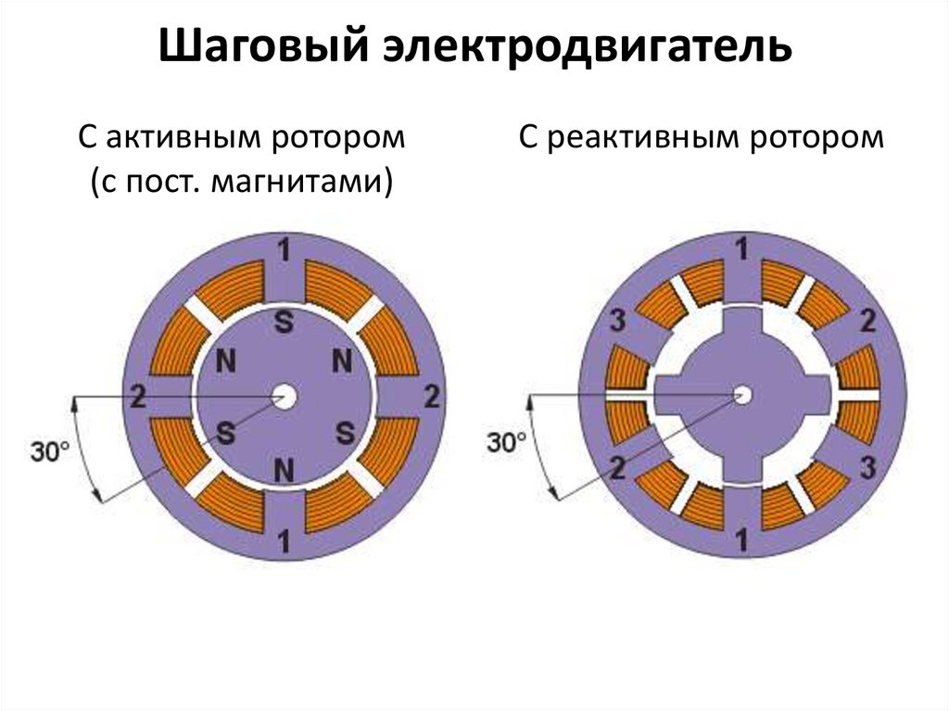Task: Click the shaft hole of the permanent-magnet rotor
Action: [284, 398]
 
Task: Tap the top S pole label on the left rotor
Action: [284, 324]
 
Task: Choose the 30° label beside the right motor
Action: [506, 442]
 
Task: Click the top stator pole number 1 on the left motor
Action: [284, 251]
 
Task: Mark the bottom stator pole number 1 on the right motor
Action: [741, 537]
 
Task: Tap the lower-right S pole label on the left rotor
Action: [345, 432]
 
